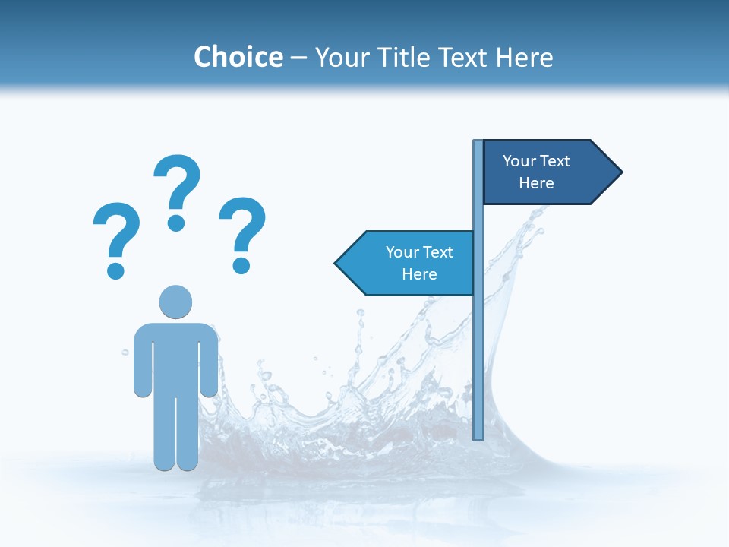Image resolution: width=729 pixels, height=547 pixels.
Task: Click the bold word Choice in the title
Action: (238, 57)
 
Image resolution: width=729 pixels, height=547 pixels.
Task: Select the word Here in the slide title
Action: (525, 57)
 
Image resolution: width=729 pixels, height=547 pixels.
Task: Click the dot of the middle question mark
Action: (176, 222)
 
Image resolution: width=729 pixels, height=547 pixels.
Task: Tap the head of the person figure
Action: (175, 302)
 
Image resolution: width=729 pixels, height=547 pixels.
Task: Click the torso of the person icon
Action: (175, 357)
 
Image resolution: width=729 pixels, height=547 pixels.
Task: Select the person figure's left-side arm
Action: (143, 361)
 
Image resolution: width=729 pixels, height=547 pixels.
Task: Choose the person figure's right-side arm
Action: (209, 361)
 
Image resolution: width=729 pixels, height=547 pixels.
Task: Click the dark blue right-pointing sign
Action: (543, 172)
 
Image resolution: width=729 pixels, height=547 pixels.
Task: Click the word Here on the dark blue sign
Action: (536, 183)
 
